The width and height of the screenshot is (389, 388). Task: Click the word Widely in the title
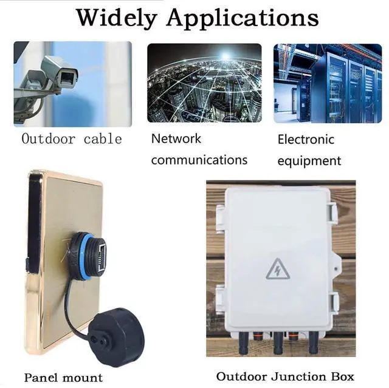coord(116,18)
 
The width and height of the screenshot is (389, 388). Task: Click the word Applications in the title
coord(243,18)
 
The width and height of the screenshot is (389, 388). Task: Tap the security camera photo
coord(72,83)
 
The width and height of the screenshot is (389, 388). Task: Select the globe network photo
coord(204,83)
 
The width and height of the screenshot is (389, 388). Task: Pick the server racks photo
coord(327,83)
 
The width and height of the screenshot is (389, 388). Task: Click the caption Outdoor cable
coord(72,139)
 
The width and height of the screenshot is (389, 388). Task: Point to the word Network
coord(176,138)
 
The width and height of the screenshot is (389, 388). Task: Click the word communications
coord(199,160)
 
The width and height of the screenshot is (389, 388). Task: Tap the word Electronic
coord(306,140)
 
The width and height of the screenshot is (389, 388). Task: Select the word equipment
coord(309,162)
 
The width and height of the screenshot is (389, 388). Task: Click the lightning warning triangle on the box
coord(278,269)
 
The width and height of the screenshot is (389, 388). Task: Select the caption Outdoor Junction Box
coord(285,376)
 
